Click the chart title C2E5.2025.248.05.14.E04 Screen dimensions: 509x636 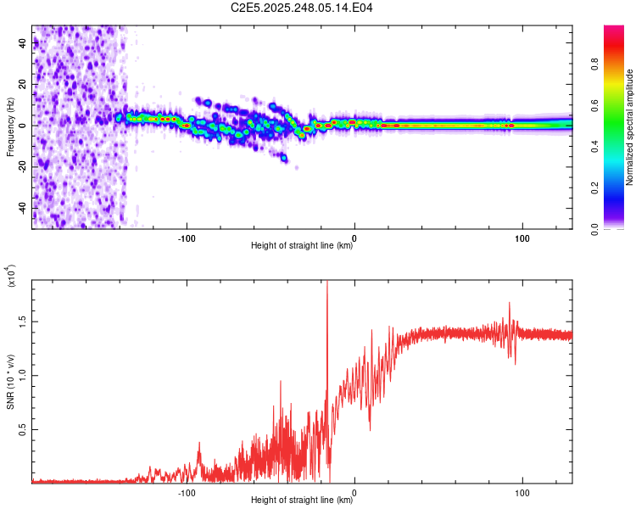[x=303, y=8]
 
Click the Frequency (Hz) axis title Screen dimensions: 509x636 [x=10, y=126]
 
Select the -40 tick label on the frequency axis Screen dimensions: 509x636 [x=21, y=207]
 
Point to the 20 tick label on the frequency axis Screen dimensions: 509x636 [x=23, y=85]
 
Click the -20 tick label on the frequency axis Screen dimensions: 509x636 [x=21, y=166]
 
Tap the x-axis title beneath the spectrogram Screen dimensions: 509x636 [x=302, y=246]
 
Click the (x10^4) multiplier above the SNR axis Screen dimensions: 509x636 [x=12, y=276]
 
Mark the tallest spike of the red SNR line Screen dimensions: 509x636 [x=327, y=283]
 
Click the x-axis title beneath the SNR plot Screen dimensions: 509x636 [x=302, y=501]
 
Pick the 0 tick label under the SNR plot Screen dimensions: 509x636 [x=354, y=492]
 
